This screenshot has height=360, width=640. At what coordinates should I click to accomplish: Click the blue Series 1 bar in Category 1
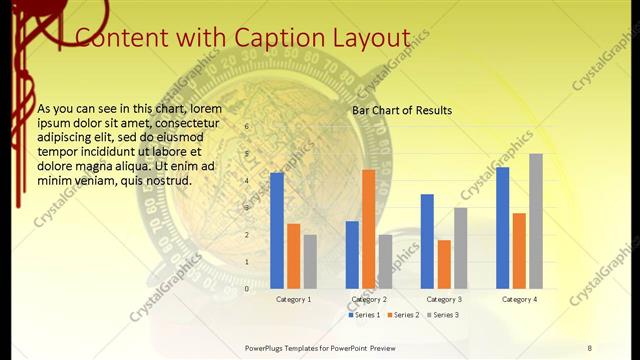point(277,231)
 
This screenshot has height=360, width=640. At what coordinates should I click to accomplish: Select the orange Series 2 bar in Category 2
point(368,229)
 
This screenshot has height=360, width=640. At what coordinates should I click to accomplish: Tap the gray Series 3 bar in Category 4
point(536,221)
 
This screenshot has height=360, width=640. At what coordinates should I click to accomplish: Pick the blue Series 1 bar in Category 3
point(427,241)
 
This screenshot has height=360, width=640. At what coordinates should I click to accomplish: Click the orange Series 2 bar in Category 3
point(444,264)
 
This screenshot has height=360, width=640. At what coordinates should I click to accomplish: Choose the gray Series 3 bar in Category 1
point(310,262)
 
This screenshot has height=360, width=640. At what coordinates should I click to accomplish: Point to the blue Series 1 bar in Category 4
point(502,228)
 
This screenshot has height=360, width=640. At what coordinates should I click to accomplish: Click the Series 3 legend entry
point(440,315)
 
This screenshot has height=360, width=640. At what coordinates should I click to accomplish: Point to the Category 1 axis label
point(293,299)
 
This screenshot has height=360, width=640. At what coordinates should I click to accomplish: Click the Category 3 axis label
point(443,299)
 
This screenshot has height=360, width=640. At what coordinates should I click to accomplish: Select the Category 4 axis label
point(519,299)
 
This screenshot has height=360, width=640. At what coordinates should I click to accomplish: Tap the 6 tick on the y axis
point(246,127)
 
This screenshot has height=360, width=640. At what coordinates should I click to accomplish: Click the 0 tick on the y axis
point(246,289)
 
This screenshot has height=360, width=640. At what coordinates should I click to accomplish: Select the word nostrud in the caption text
point(160,180)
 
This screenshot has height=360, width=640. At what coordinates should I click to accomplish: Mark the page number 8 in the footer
point(589,347)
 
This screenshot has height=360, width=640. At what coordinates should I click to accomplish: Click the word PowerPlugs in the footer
point(267,347)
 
